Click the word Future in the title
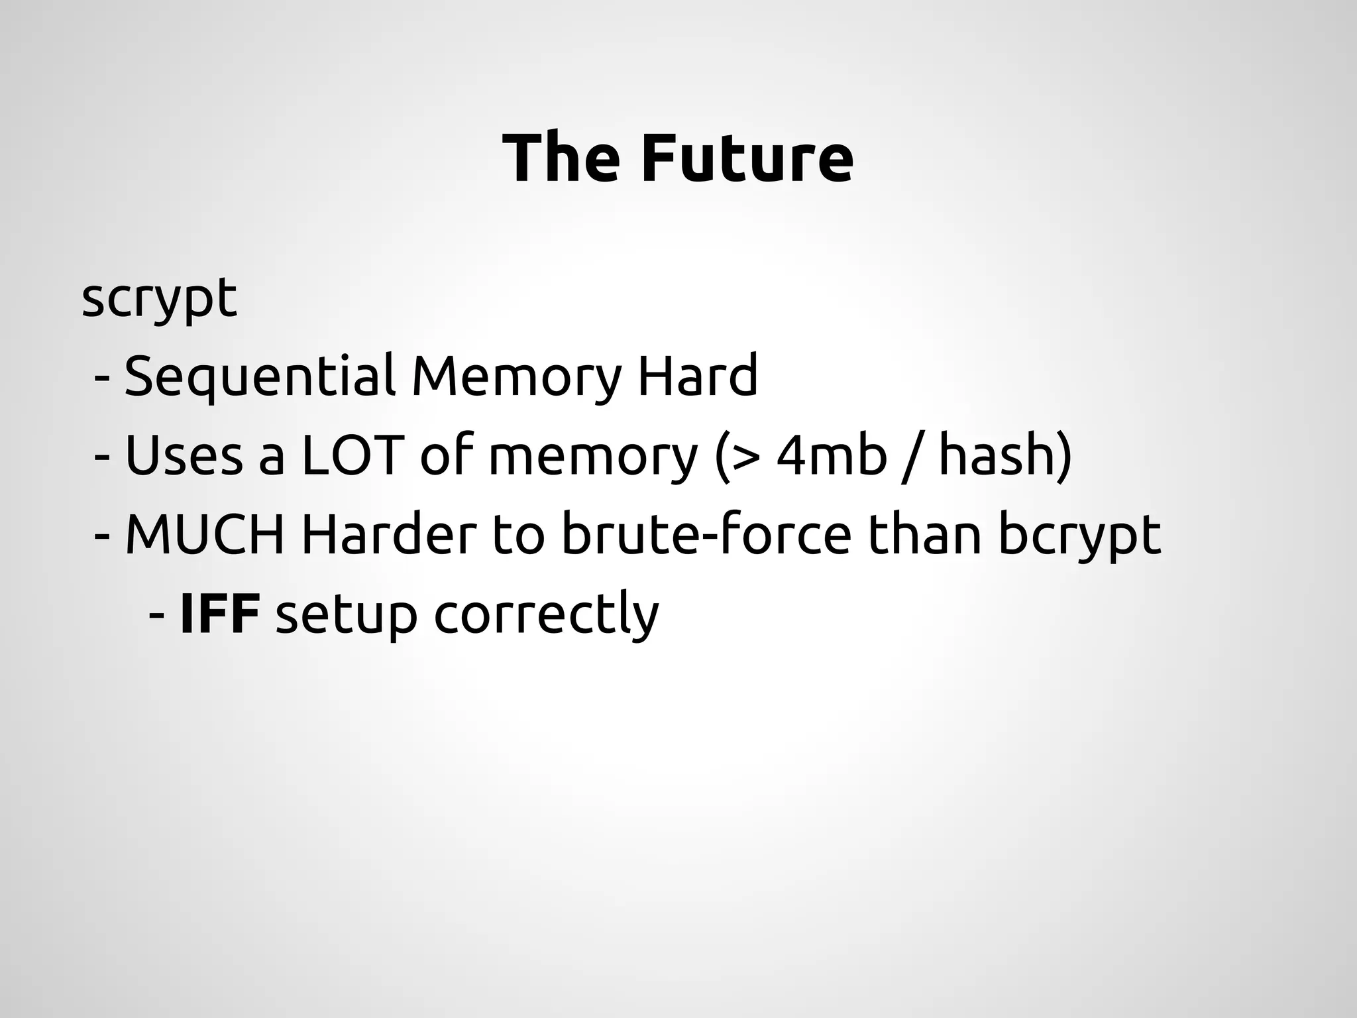[747, 159]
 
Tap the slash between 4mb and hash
[913, 457]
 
